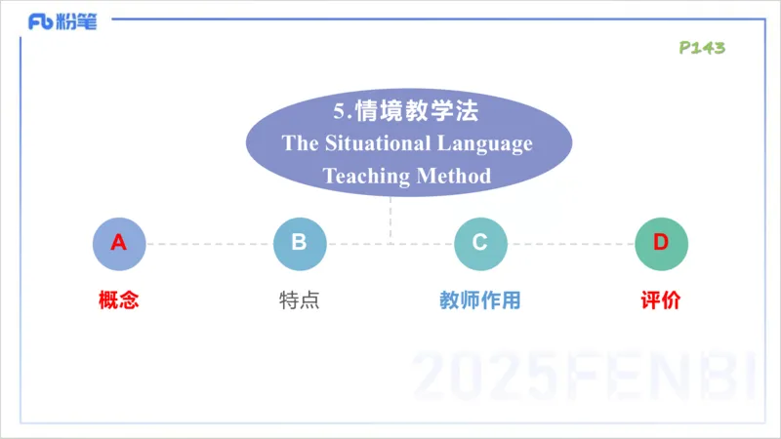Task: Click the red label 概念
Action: click(x=118, y=300)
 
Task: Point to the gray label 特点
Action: click(x=299, y=300)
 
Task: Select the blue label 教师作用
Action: click(x=480, y=300)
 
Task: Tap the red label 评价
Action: click(x=661, y=300)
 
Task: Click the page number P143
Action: click(x=702, y=48)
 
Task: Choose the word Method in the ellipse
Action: click(x=454, y=177)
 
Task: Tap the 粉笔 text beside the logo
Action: click(x=77, y=21)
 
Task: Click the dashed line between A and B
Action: click(x=208, y=244)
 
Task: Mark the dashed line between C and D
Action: click(x=571, y=244)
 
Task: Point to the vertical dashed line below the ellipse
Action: click(x=390, y=219)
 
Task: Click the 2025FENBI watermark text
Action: click(x=586, y=376)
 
